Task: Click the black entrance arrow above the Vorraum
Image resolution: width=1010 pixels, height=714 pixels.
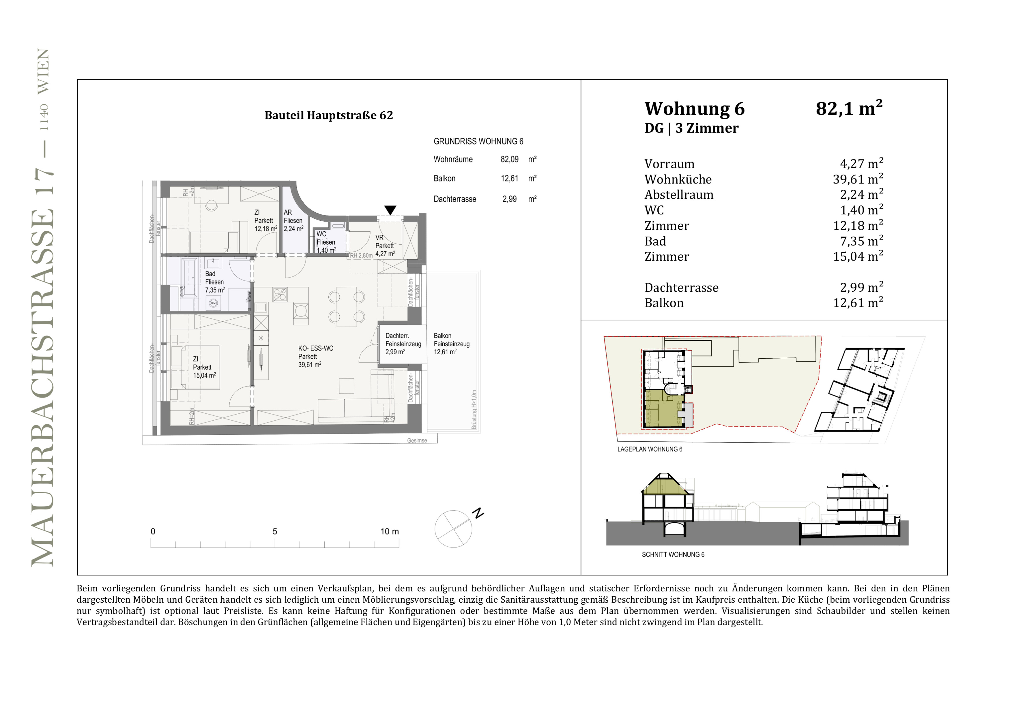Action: [390, 210]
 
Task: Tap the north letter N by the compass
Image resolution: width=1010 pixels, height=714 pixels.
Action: [478, 513]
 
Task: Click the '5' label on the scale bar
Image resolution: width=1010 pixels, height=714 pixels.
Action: [275, 532]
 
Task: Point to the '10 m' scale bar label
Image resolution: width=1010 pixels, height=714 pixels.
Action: [390, 532]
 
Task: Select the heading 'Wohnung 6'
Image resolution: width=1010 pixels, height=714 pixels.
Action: [695, 108]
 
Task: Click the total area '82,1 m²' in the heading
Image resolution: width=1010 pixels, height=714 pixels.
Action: [849, 108]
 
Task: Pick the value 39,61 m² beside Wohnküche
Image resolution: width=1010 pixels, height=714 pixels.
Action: [858, 179]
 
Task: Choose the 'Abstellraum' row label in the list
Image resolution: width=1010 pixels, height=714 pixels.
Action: [679, 195]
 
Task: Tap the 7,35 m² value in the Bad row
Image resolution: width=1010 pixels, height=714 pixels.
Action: [861, 241]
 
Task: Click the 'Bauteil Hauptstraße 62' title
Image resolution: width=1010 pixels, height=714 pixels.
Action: [329, 115]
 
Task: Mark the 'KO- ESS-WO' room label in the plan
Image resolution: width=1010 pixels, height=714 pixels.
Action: [316, 348]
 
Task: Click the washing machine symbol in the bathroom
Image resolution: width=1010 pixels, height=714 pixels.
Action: [213, 303]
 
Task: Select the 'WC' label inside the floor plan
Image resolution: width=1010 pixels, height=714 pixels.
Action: [321, 234]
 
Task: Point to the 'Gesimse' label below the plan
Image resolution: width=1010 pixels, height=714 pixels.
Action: [417, 441]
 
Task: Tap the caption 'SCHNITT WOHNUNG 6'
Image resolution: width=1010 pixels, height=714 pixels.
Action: [673, 555]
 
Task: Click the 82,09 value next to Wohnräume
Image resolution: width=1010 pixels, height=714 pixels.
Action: [509, 159]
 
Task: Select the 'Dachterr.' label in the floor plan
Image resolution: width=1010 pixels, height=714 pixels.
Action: [397, 336]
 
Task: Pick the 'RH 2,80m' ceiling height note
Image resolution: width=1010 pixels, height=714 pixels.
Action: [361, 255]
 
